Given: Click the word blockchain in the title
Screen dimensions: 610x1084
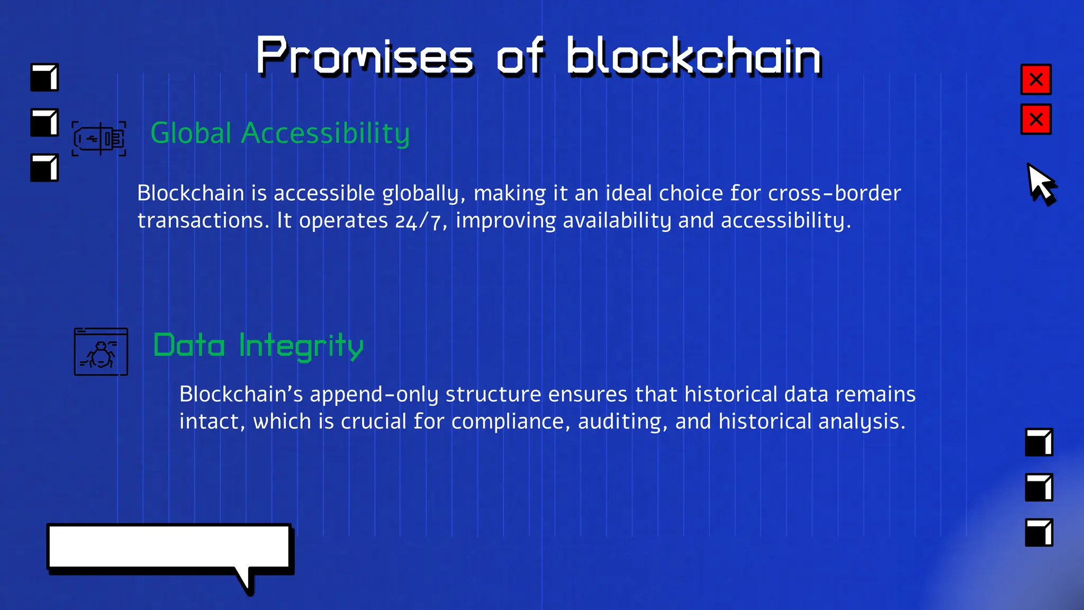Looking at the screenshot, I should coord(693,57).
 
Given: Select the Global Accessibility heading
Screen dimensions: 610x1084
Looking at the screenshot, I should coord(280,133).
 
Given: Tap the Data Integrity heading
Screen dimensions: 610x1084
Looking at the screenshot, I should coord(258,346).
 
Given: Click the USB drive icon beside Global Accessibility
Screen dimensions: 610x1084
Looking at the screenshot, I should coord(99,139).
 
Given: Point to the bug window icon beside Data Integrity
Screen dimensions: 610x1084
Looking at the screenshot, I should coord(101,352).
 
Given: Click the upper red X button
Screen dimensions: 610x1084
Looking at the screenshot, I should coord(1036,79).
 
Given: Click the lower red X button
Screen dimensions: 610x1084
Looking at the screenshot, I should coord(1036,120).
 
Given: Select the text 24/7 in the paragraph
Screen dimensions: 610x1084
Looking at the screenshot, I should coord(418,221).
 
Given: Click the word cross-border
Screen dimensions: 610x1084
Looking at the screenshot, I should coord(834,193).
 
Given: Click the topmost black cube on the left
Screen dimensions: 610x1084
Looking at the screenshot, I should coord(44,78).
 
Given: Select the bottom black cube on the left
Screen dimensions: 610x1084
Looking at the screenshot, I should coord(44,168).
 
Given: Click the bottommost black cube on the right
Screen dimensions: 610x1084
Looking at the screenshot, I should coord(1039,532).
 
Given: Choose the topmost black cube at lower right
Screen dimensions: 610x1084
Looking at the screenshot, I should coord(1039,442).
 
